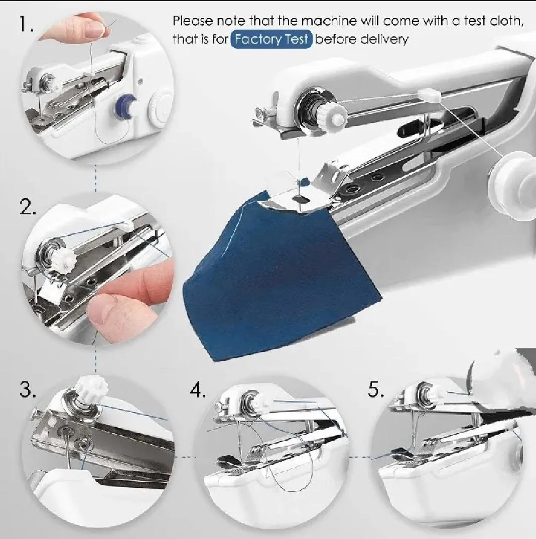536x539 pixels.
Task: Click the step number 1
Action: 26,24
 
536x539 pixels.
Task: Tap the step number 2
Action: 28,207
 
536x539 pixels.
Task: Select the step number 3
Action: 28,389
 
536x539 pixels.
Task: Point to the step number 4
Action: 198,389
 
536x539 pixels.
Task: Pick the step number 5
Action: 376,389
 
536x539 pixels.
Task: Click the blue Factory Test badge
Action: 272,39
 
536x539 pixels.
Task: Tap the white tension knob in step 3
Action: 91,389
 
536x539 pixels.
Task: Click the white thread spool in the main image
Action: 512,186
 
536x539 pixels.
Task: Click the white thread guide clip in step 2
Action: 127,225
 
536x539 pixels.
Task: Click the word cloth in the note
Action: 506,21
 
